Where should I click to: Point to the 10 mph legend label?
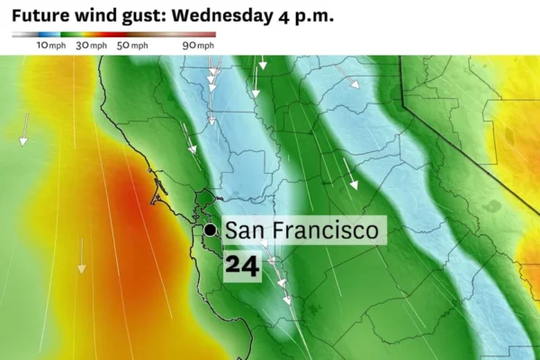tap(49, 45)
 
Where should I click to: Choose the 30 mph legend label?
tap(93, 45)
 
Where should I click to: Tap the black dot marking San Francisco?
tap(210, 230)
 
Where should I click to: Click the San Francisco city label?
tap(301, 230)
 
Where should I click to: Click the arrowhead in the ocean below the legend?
tap(81, 267)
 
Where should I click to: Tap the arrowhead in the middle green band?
tap(354, 184)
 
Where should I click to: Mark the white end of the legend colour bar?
tap(17, 34)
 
